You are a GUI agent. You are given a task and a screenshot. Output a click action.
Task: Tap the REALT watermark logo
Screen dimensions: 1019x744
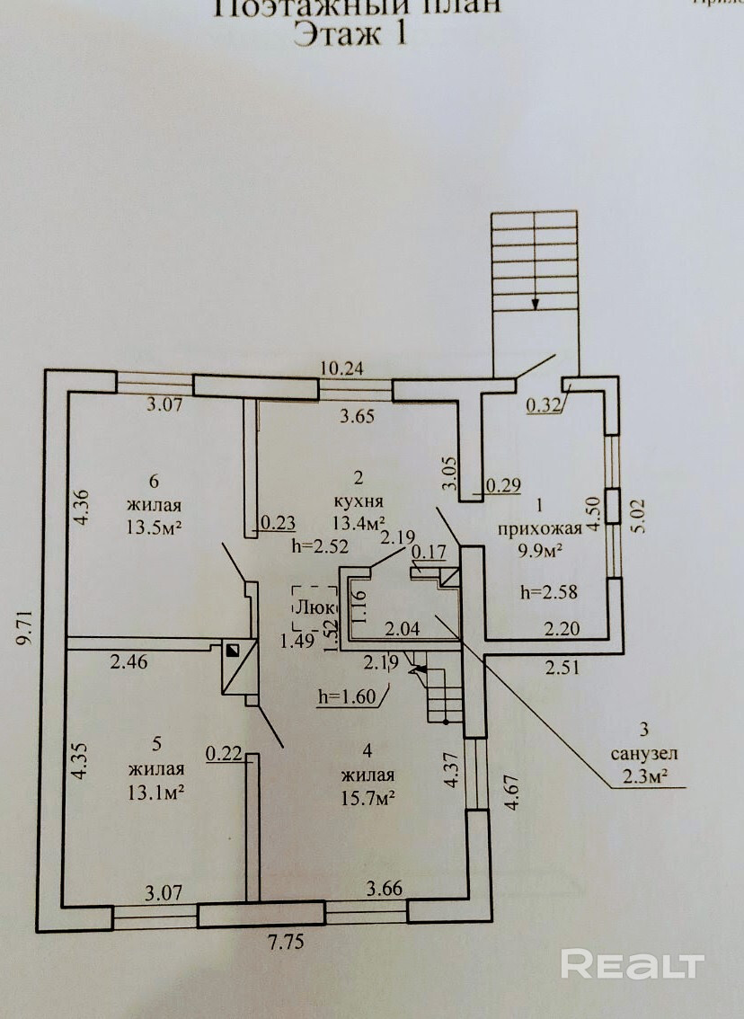(632, 964)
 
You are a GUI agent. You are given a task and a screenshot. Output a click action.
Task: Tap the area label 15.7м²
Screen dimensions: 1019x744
(369, 796)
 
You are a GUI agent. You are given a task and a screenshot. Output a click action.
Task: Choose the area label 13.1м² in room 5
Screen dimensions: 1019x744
(157, 791)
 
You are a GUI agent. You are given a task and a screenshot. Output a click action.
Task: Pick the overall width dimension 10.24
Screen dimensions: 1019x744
(345, 368)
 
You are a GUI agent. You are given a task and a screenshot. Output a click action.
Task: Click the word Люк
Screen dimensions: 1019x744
(314, 607)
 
